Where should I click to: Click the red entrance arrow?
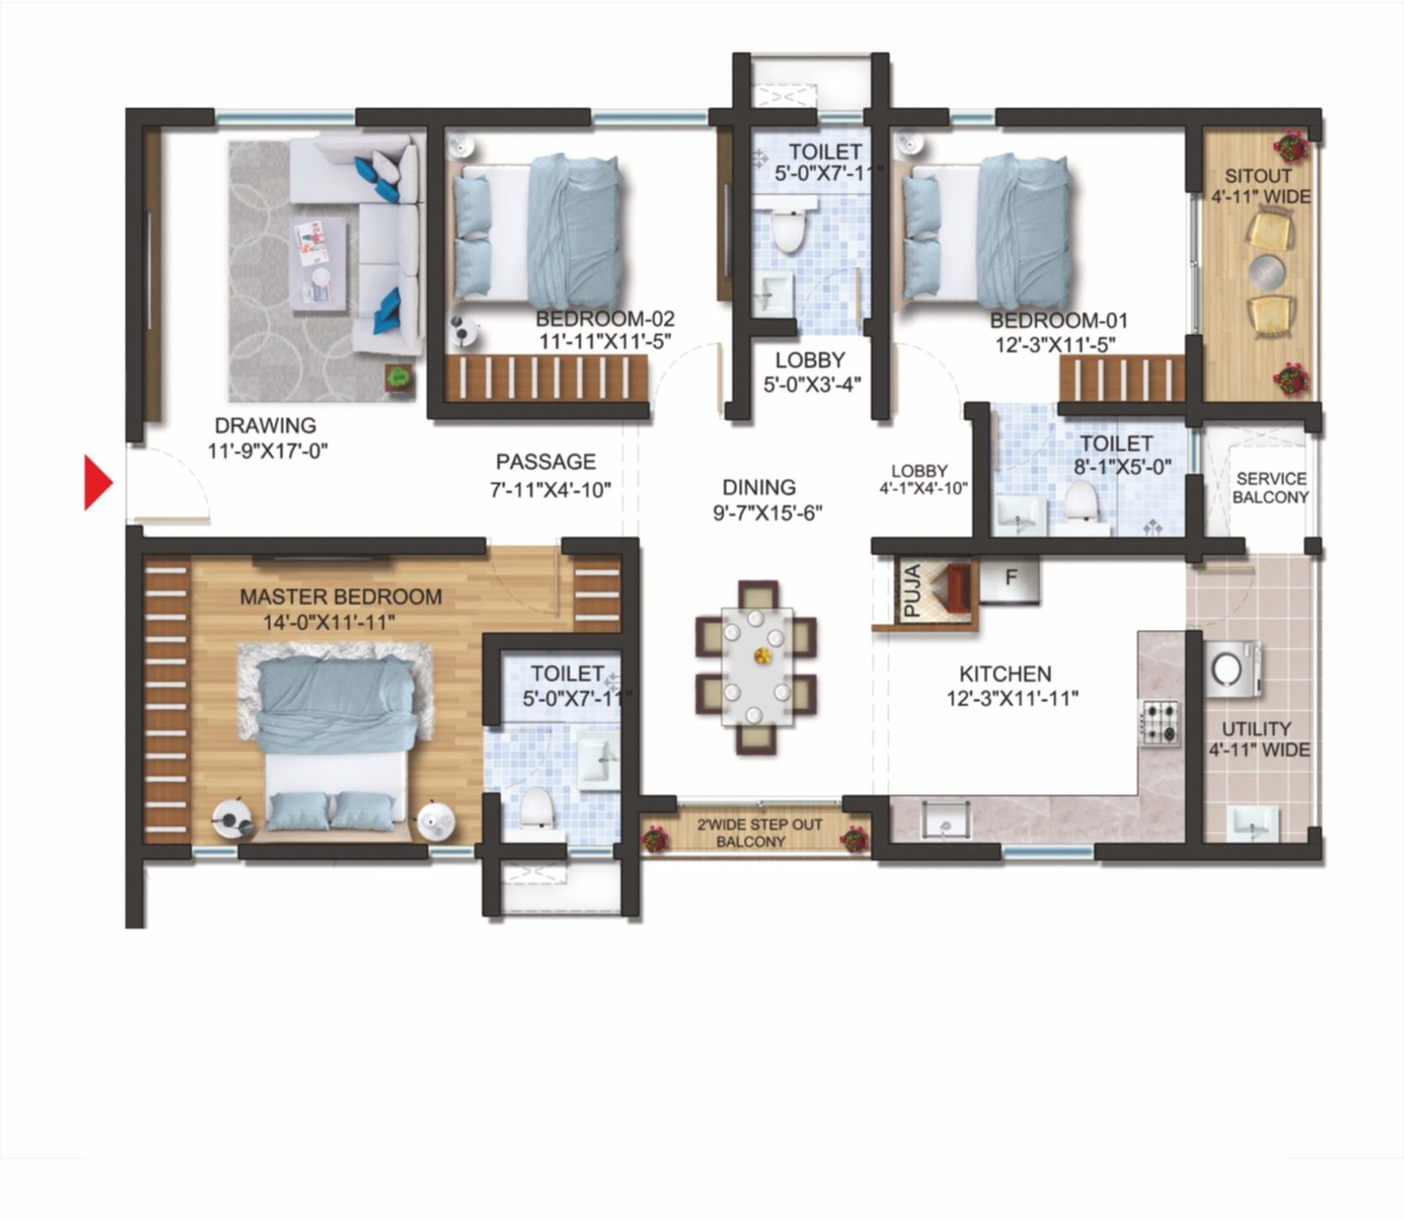(x=98, y=483)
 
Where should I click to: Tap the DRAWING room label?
(x=265, y=425)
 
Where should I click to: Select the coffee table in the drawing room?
(x=319, y=258)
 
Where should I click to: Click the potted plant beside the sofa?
(x=398, y=376)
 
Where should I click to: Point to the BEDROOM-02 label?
(x=604, y=319)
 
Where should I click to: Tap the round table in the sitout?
(x=1268, y=272)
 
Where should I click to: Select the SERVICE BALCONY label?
(x=1270, y=488)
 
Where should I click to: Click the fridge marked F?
(x=1010, y=579)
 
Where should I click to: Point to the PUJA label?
(x=912, y=592)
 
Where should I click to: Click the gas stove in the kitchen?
(x=1159, y=722)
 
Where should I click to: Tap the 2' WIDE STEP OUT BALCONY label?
(x=759, y=832)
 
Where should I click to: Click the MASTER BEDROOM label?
(x=340, y=596)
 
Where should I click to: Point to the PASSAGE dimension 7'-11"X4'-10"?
(x=550, y=489)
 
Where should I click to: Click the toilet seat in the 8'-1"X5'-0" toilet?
(x=1080, y=503)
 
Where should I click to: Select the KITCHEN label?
(x=1005, y=674)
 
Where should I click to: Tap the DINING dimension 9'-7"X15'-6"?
(x=767, y=512)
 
